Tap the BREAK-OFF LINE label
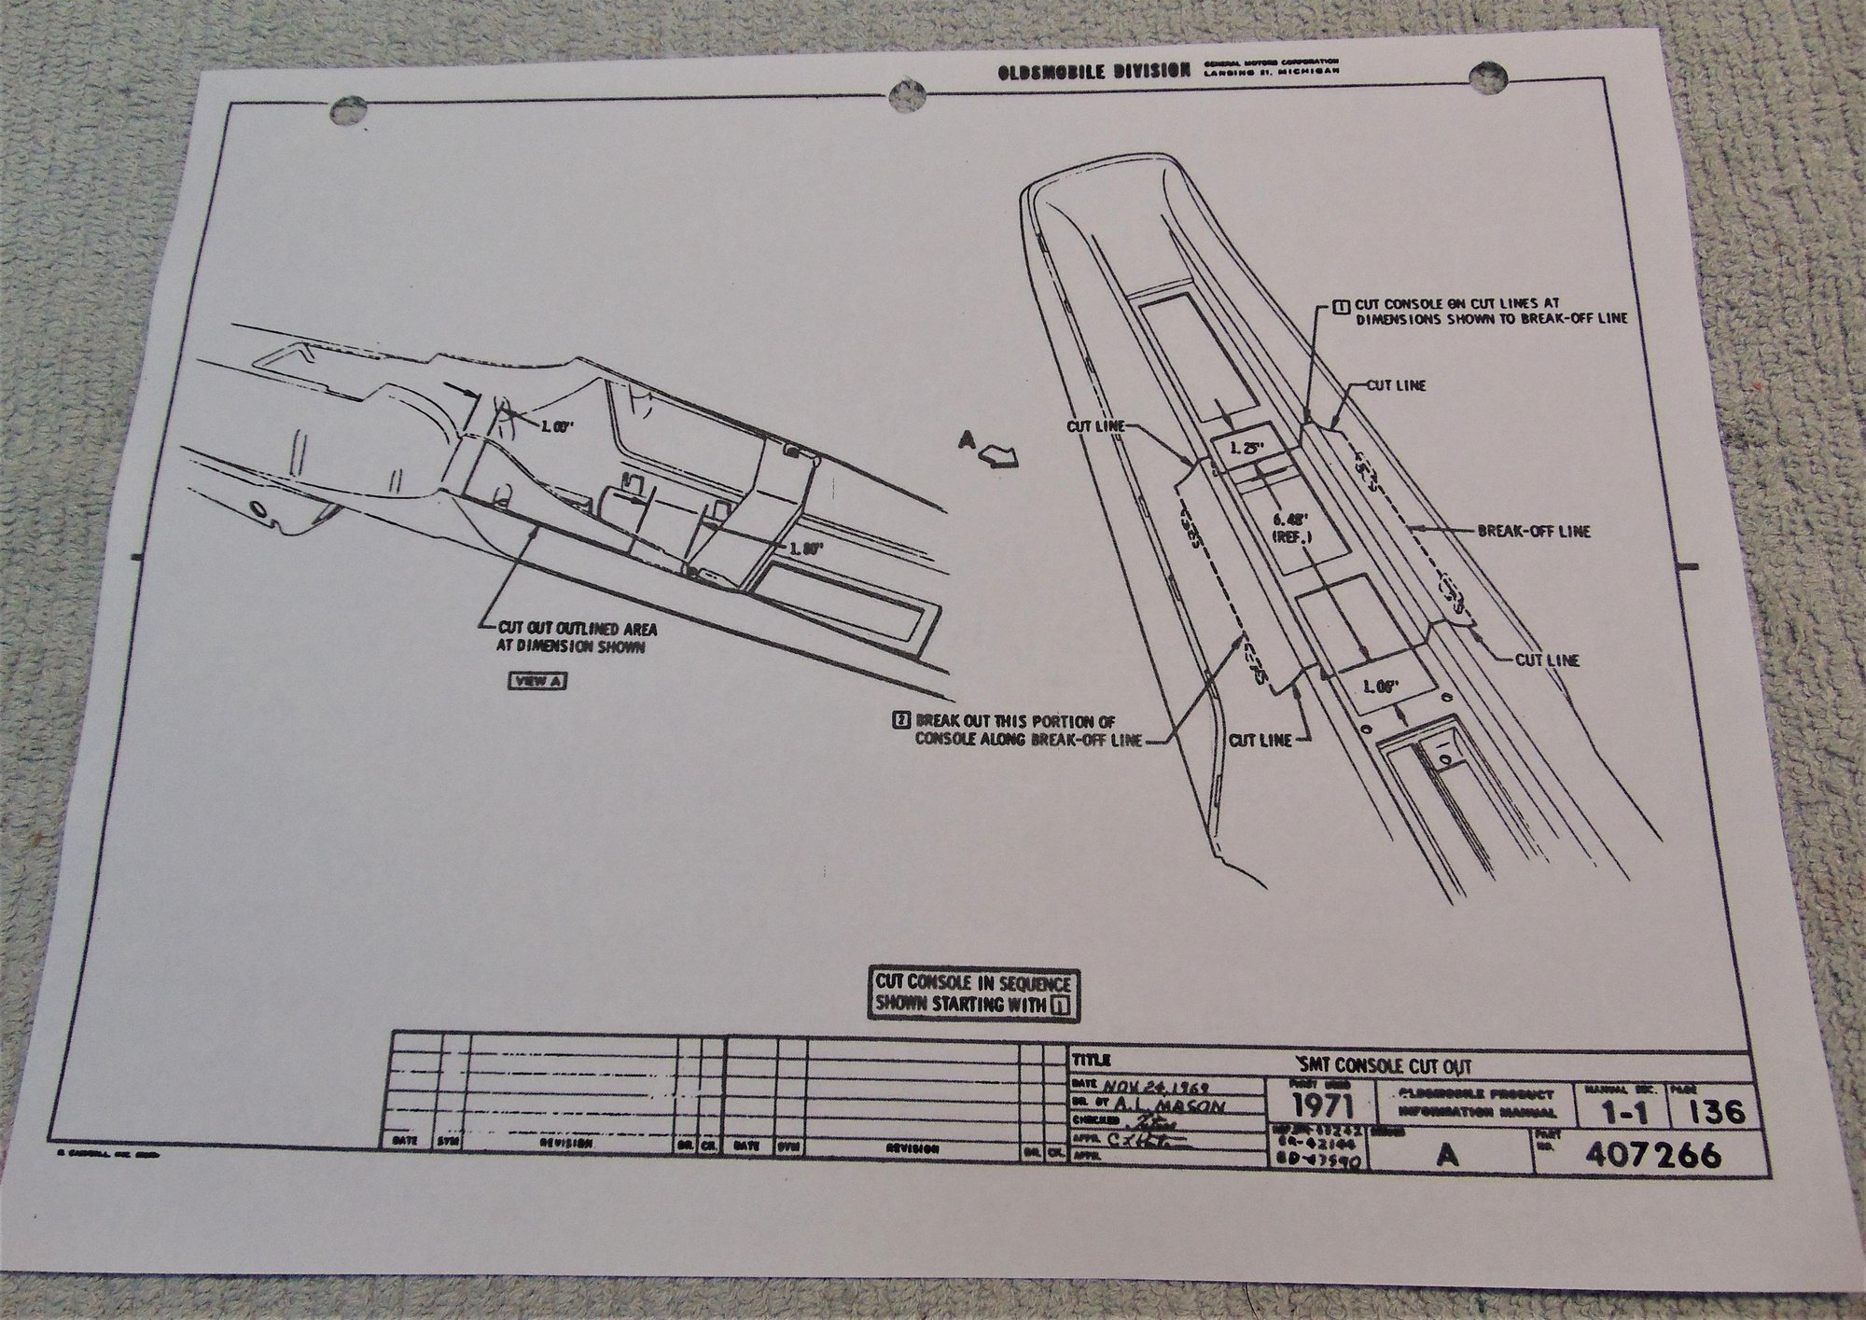click(1533, 532)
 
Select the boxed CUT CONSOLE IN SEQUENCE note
click(972, 993)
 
